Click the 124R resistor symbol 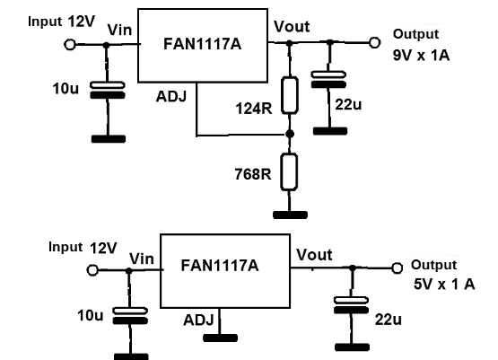click(289, 95)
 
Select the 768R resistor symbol click(289, 171)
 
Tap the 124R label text click(254, 109)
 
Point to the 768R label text click(253, 174)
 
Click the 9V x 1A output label click(421, 56)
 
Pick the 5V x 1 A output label click(444, 284)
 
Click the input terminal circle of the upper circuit click(70, 45)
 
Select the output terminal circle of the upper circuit click(375, 42)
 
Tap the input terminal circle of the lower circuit click(92, 270)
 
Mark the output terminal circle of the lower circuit click(397, 268)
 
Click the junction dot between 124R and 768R click(290, 134)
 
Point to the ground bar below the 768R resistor click(291, 215)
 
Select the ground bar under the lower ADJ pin click(220, 338)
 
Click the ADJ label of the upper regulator click(171, 97)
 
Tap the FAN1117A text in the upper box click(202, 44)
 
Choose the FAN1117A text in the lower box click(220, 266)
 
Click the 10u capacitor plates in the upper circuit click(108, 90)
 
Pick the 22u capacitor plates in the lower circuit click(351, 305)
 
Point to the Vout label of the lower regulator click(314, 255)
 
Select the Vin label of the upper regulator click(119, 31)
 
